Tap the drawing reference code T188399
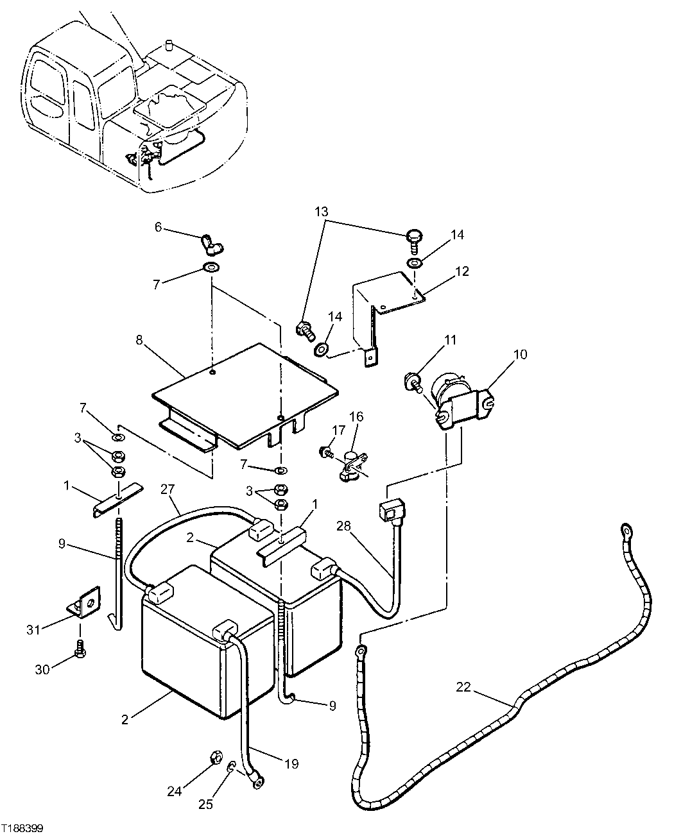[22, 828]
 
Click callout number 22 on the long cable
[463, 687]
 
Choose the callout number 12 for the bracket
[461, 271]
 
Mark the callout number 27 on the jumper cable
[168, 489]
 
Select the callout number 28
[343, 526]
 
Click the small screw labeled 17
[325, 452]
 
